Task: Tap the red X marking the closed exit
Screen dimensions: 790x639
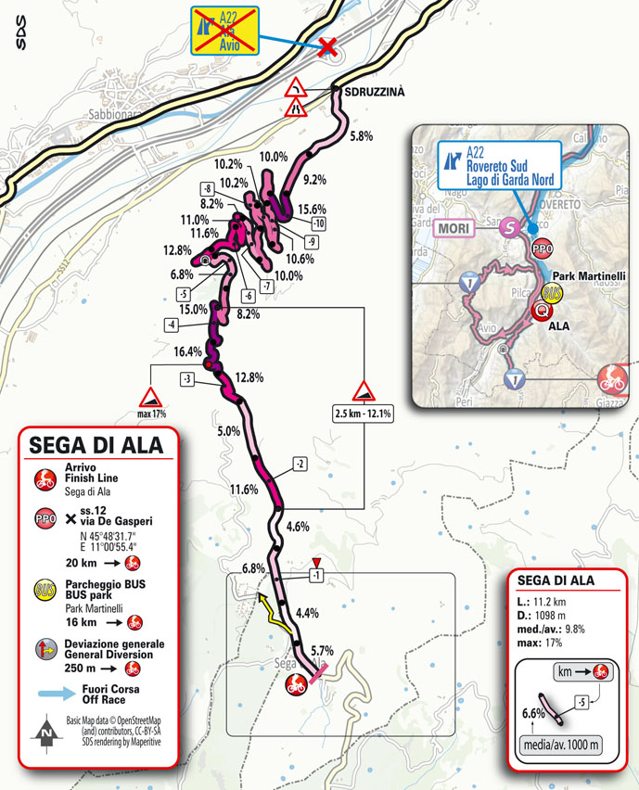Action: [x=326, y=47]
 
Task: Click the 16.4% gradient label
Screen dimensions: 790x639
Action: [x=188, y=352]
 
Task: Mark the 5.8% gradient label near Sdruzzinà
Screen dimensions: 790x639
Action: [x=363, y=136]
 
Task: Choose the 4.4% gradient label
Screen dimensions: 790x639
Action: [x=306, y=613]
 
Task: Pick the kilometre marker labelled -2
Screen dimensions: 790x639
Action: [x=299, y=463]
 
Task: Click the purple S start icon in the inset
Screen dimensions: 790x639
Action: [x=508, y=227]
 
